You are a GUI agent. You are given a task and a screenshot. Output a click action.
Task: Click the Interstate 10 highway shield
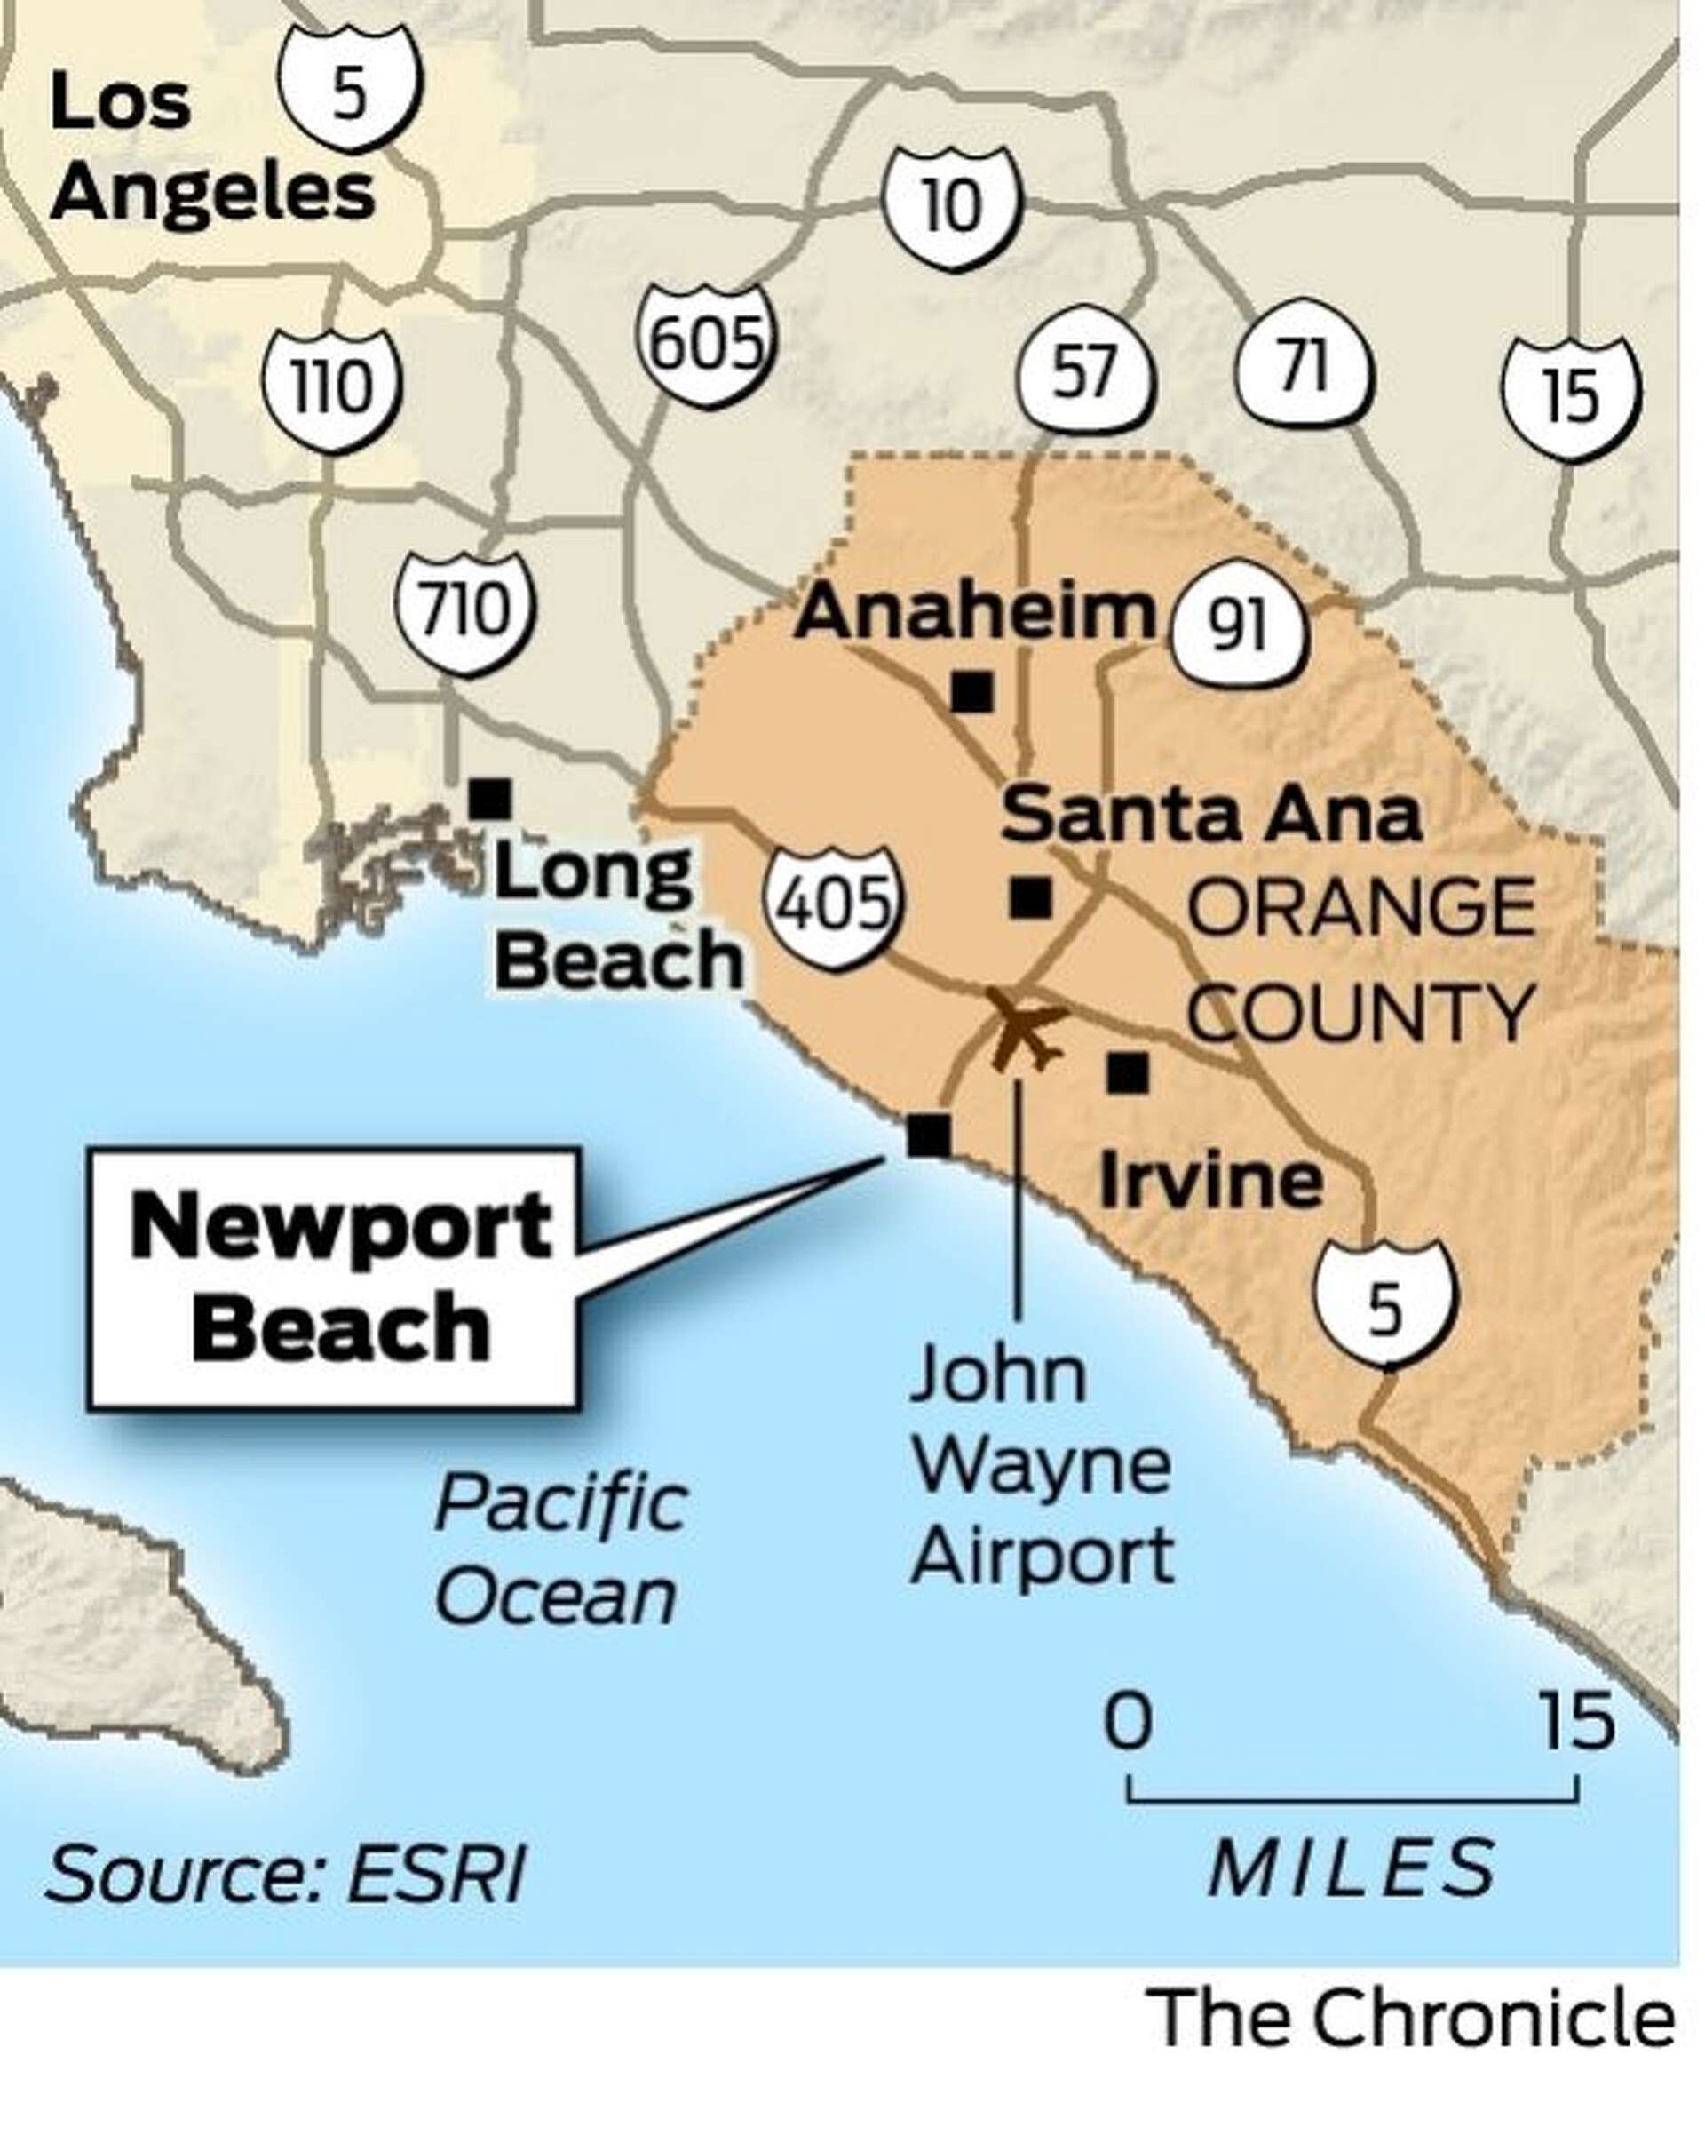click(951, 208)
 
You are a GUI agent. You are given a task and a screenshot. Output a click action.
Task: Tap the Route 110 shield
click(332, 387)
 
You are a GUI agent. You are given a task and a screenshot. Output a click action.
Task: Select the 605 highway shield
click(705, 344)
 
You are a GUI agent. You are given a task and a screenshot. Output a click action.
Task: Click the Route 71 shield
click(1304, 368)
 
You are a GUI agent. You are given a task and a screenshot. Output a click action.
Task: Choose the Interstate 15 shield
click(1570, 395)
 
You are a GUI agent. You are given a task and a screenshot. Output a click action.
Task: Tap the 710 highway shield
click(465, 609)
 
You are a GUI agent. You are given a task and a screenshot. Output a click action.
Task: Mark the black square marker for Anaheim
click(971, 691)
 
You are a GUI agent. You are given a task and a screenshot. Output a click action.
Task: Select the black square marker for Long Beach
click(488, 797)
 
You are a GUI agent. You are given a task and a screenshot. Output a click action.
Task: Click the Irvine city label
click(1210, 1181)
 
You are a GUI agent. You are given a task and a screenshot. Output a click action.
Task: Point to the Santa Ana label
click(1210, 815)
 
